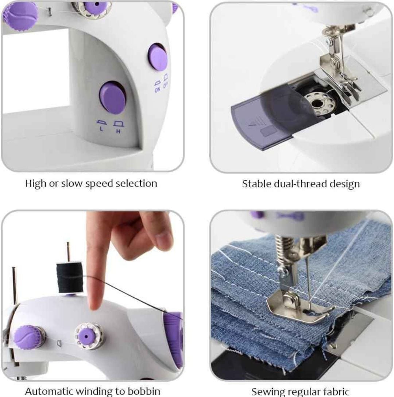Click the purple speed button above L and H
(113, 98)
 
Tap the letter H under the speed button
(119, 131)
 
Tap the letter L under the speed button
(101, 129)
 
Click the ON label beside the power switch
(158, 89)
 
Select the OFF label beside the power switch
(166, 85)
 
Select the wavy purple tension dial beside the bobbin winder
(29, 337)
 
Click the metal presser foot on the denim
(299, 308)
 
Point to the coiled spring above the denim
(282, 251)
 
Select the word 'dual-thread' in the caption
(301, 184)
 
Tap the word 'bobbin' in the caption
(144, 391)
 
